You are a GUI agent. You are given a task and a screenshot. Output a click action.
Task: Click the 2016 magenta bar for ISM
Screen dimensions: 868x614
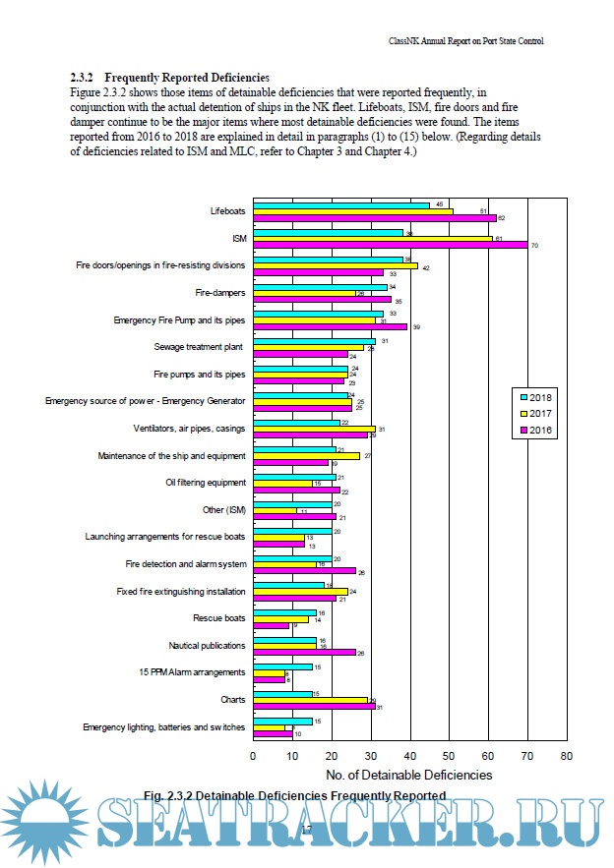(x=390, y=245)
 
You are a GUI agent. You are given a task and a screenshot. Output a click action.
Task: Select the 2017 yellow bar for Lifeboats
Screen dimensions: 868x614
(x=352, y=211)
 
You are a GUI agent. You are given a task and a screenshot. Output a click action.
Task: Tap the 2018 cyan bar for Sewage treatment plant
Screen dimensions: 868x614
(x=314, y=341)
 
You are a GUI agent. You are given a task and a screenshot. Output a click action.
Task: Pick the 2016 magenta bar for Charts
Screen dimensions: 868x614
(x=314, y=707)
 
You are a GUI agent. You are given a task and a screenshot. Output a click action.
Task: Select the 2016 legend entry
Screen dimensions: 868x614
(x=537, y=430)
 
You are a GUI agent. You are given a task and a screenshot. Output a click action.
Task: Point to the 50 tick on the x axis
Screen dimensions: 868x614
(x=449, y=756)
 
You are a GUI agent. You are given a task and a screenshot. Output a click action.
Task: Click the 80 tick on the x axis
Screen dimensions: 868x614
(x=566, y=756)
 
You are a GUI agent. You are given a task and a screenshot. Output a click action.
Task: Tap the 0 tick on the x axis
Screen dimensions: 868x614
(x=253, y=756)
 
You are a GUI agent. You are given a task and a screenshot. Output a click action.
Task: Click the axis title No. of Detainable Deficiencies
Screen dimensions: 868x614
(x=409, y=775)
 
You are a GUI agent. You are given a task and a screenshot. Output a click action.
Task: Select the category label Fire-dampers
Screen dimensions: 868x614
(x=219, y=292)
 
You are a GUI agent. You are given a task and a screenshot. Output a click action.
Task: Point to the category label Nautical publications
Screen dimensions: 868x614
(x=208, y=645)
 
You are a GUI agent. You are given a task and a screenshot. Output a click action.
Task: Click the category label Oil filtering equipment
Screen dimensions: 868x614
(x=205, y=483)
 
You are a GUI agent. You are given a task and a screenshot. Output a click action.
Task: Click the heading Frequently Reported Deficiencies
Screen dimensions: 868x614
(x=187, y=78)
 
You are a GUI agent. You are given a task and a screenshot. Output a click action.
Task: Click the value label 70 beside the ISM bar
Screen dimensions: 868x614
(x=534, y=245)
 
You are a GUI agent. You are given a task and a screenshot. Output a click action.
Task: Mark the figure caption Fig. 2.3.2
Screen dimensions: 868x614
(x=295, y=794)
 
